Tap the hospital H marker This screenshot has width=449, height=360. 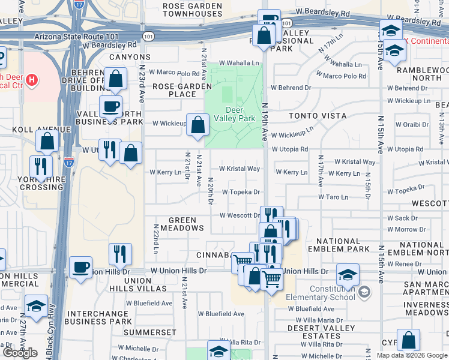[32, 79]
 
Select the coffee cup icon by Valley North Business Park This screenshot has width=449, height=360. [110, 107]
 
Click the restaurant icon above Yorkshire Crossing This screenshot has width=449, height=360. [40, 166]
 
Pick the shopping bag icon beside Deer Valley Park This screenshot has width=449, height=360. [197, 125]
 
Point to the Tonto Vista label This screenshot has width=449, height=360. [318, 115]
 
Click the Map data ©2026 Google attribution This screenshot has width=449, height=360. [411, 355]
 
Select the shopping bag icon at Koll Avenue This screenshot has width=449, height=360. [47, 141]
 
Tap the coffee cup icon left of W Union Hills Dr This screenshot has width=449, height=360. [80, 267]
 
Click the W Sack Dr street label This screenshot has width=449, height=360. [406, 218]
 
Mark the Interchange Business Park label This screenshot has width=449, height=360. [98, 317]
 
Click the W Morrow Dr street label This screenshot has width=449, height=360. [406, 229]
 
